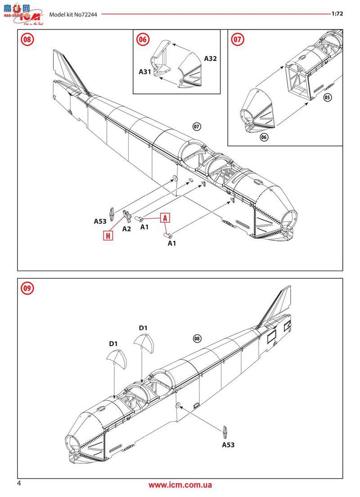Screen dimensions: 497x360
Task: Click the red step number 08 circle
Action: [27, 40]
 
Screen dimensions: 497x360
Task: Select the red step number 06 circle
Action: [142, 40]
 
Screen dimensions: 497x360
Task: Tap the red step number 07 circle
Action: [237, 40]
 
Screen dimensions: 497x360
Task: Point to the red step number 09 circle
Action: [27, 288]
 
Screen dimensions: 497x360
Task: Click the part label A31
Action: [145, 72]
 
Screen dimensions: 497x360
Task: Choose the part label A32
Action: [210, 59]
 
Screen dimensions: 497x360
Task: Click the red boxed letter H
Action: [108, 235]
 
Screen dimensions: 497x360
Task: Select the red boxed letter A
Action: [165, 218]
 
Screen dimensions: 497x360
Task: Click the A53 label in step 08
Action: [100, 221]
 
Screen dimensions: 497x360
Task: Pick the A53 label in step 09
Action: [228, 445]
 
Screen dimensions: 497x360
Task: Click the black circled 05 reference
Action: [327, 97]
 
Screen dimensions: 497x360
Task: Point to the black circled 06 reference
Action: [264, 137]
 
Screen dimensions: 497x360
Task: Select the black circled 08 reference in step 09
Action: [197, 339]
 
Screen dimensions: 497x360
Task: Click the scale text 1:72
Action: [337, 14]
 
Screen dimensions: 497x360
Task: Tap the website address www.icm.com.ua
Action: [180, 485]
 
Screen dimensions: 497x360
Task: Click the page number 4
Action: [19, 483]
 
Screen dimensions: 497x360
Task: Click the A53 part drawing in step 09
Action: [225, 432]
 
